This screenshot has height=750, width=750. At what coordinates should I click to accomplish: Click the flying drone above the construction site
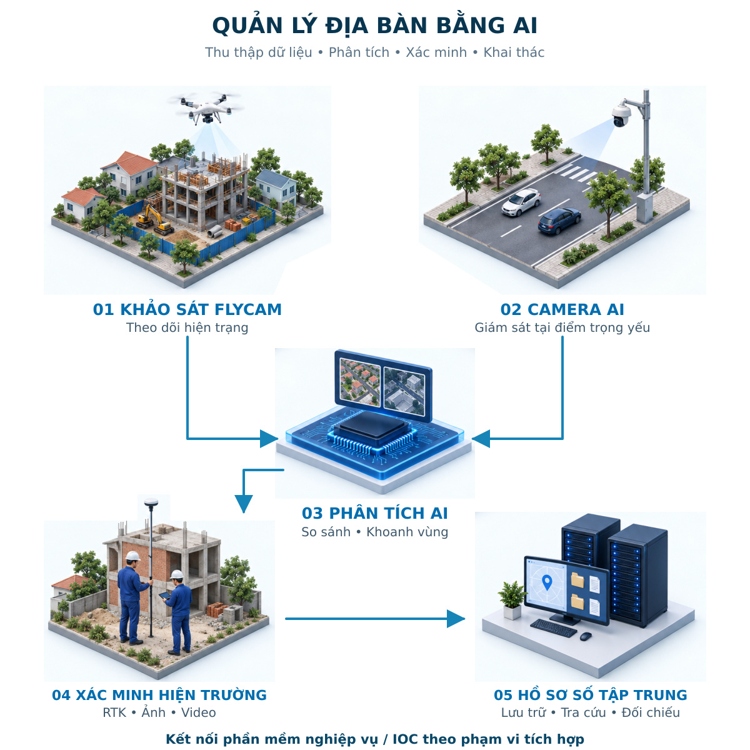pos(206,107)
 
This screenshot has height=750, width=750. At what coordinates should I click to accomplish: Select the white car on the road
pos(521,202)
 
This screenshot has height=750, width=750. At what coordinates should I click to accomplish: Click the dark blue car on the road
pos(559,221)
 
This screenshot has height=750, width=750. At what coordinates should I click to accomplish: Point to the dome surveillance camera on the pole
pos(621,114)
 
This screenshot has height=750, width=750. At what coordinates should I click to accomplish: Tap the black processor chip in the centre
pos(371,427)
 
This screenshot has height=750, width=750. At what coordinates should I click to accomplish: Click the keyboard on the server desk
pos(553,627)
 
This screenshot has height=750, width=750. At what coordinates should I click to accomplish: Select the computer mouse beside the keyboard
pos(585,636)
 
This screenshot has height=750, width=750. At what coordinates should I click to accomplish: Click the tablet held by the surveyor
pos(165,596)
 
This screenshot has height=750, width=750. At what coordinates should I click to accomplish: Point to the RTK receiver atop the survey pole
pos(151,502)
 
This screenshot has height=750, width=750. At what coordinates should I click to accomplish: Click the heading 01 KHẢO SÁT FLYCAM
pos(187,309)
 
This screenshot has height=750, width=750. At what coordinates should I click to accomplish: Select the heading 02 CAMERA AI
pos(562,309)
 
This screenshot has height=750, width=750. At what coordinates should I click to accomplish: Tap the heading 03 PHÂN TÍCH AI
pos(375,513)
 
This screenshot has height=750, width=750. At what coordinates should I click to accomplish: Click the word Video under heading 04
pos(199,712)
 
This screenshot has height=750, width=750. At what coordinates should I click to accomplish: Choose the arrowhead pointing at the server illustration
pos(456,619)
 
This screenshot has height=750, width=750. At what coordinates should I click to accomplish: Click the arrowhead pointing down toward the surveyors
pos(244,504)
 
